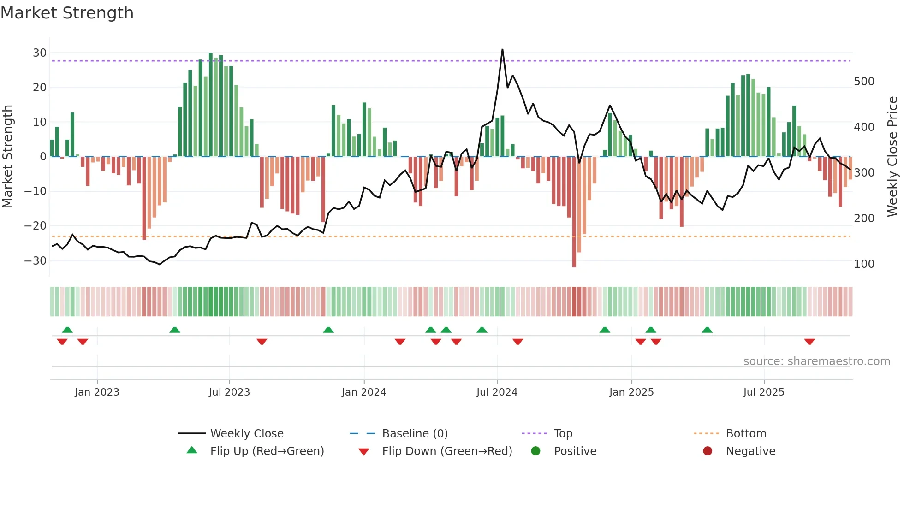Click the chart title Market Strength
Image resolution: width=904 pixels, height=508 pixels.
pos(67,13)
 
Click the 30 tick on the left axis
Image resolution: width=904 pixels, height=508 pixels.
pos(40,53)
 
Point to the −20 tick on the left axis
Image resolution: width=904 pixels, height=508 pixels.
pos(36,226)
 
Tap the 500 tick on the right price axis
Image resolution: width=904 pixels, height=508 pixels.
pos(864,82)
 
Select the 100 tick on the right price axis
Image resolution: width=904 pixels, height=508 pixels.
pos(864,264)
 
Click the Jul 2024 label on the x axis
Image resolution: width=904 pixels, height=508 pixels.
pos(497,392)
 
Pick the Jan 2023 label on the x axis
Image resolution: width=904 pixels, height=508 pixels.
pos(97,392)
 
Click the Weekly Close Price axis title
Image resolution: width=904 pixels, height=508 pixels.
pos(893,157)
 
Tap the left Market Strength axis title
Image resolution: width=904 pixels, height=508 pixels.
pos(7,157)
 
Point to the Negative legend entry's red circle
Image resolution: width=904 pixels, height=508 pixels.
pos(708,451)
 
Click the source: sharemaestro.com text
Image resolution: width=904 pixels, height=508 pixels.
pos(816,361)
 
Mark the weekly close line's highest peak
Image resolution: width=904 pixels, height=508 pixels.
pos(502,49)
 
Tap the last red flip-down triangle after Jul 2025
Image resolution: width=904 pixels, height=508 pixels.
pos(809,342)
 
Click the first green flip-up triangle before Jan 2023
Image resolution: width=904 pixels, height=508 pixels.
pos(67,330)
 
